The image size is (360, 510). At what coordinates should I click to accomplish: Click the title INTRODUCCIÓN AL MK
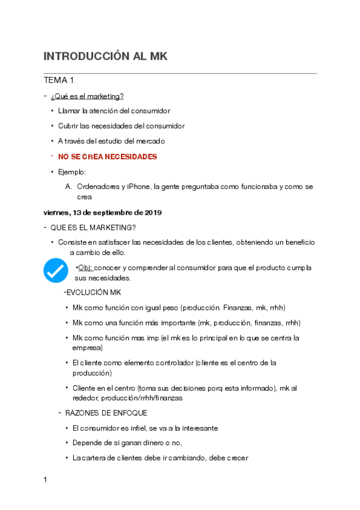105,57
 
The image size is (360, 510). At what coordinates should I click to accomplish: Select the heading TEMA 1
59,80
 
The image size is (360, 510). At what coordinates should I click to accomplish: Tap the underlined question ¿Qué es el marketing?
87,96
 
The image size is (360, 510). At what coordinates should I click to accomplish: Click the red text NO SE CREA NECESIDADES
108,156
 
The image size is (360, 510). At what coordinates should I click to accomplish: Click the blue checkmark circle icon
56,270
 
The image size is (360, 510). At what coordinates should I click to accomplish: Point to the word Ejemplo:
72,172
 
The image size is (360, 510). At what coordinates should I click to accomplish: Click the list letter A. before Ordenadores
69,187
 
